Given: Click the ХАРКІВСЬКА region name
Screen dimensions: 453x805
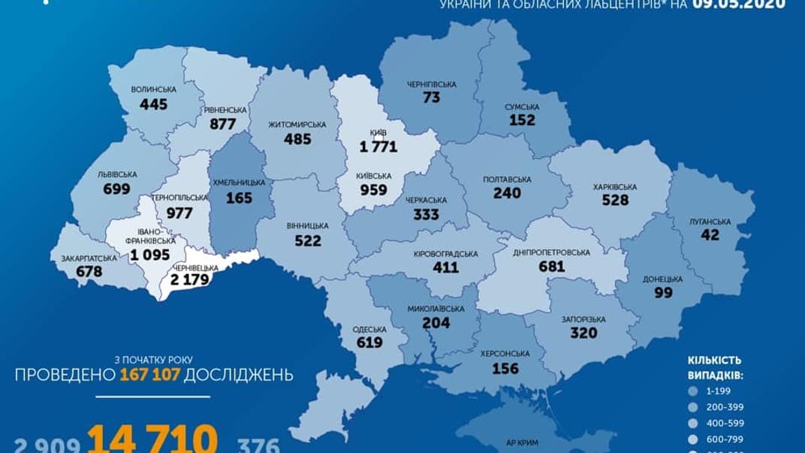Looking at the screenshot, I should (614, 186).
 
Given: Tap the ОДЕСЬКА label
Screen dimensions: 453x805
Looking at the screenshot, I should (369, 330).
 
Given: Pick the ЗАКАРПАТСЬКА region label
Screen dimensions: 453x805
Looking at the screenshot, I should (89, 258).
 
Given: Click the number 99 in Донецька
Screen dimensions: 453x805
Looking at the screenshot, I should (662, 292).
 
